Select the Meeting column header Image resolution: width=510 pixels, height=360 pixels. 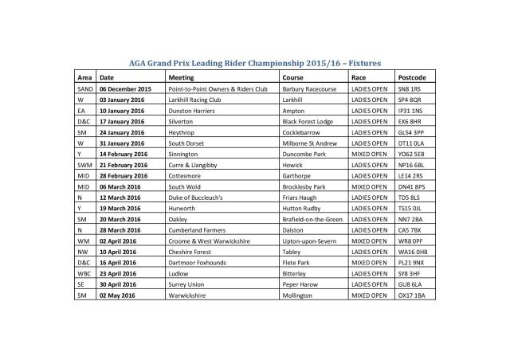coord(183,78)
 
